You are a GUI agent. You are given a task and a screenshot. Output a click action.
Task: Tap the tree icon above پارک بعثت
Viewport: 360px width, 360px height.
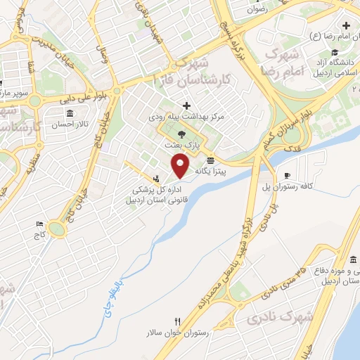(x=183, y=133)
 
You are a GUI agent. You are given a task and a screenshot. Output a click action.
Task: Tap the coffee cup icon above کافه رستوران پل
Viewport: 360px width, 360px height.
(x=287, y=175)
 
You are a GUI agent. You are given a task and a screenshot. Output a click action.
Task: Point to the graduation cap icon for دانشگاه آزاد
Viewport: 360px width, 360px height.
(x=338, y=53)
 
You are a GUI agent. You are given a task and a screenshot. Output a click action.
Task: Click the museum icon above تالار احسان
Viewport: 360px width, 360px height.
(x=69, y=114)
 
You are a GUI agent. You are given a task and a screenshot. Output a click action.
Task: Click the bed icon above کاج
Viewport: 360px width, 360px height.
(x=39, y=224)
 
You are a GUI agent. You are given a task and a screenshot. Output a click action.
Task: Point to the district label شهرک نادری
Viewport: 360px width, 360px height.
(x=280, y=320)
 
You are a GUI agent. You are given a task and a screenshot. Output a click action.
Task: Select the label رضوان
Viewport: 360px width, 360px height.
(x=257, y=11)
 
